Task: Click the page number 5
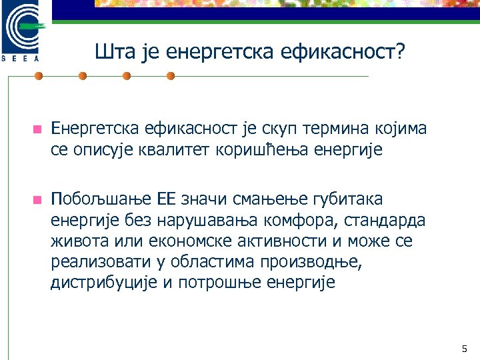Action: [x=465, y=349]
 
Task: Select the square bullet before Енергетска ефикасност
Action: [x=37, y=129]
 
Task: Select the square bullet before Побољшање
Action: [x=37, y=199]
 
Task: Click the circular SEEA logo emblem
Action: [x=23, y=27]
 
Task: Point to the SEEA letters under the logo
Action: [x=23, y=58]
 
